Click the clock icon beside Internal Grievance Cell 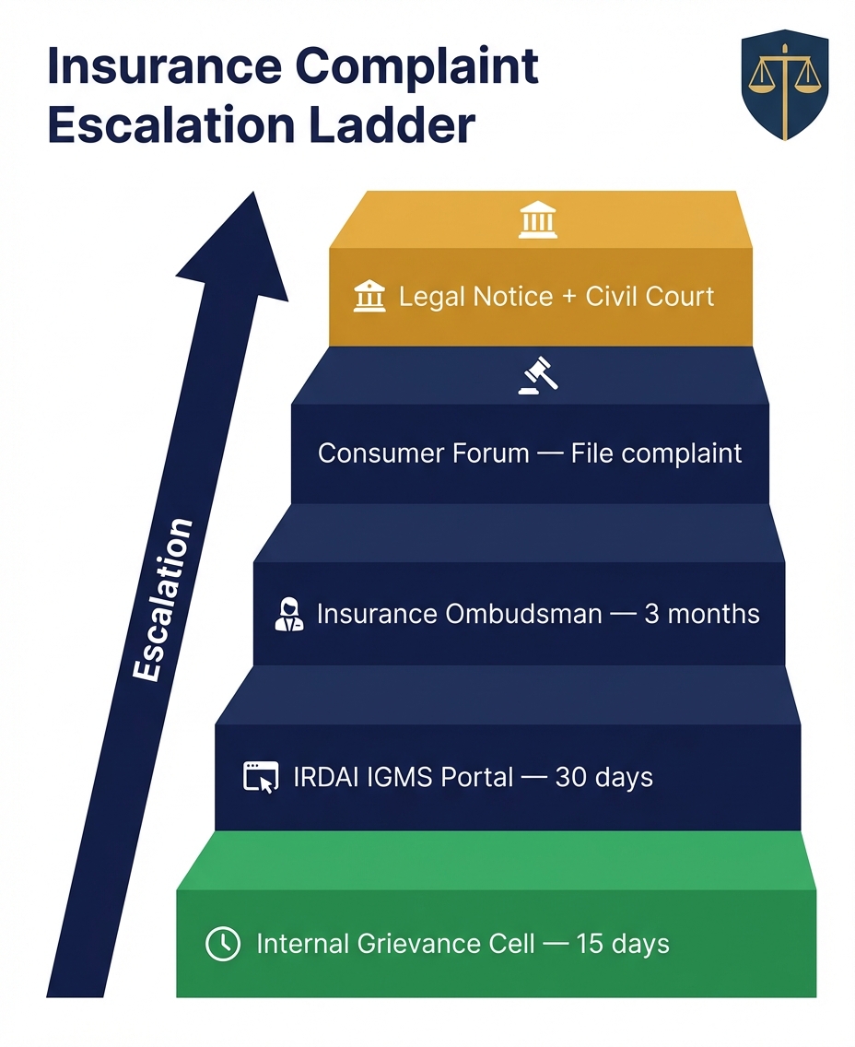[x=222, y=944]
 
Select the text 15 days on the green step [x=623, y=944]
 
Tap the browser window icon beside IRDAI [x=260, y=777]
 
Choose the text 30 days [x=603, y=777]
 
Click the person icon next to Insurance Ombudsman [x=289, y=614]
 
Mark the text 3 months [x=702, y=614]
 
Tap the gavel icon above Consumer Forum [x=538, y=375]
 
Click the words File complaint [x=656, y=453]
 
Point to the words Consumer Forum [x=424, y=453]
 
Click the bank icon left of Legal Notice [x=369, y=297]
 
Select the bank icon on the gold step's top [x=538, y=221]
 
